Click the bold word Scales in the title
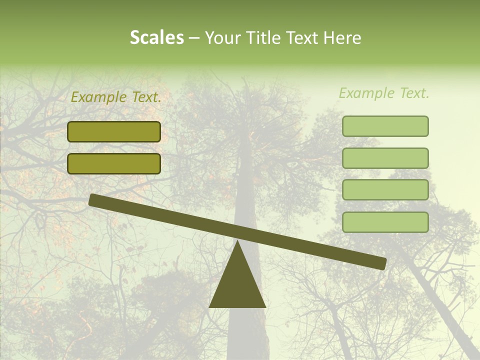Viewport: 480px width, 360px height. coord(156,37)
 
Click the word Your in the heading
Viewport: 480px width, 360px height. coord(223,37)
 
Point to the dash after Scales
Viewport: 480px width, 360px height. coord(194,38)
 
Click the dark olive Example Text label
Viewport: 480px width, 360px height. coord(116,97)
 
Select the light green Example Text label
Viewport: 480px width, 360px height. coord(384,93)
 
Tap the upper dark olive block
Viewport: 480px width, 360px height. coord(114,131)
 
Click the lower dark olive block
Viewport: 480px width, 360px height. coord(114,163)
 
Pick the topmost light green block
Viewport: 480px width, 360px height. coord(385,126)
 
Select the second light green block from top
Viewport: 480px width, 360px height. coord(385,158)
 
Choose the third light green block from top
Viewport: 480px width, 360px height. coord(385,190)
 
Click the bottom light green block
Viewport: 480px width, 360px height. coord(385,222)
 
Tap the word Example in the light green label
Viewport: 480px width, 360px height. coord(367,93)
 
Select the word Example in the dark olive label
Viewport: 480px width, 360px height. coord(99,97)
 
